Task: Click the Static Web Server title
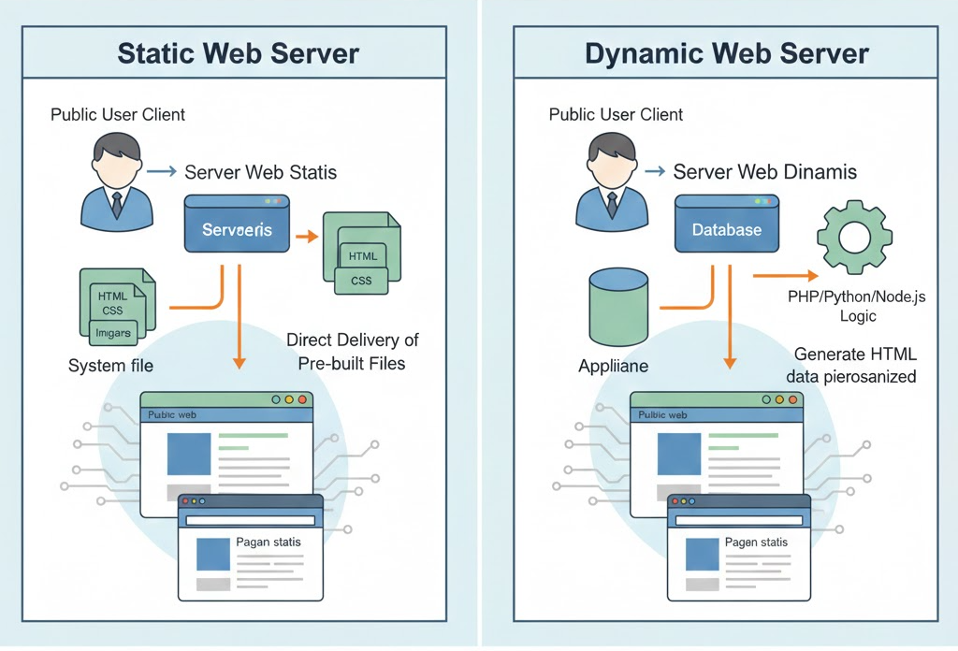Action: [x=239, y=53]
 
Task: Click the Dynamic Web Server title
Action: [x=727, y=53]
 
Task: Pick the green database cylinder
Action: [x=618, y=309]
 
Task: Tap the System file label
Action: [x=110, y=366]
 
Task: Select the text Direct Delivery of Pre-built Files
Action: [x=352, y=351]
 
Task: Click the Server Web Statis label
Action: [x=260, y=172]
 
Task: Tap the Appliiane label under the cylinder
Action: [x=613, y=366]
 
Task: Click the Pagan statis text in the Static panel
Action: [x=268, y=542]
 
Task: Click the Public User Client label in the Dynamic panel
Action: [x=616, y=115]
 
